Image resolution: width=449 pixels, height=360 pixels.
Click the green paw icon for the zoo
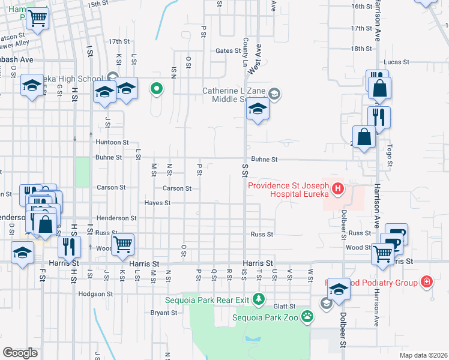pyautogui.click(x=307, y=316)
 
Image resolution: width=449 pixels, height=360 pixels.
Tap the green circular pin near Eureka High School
pyautogui.click(x=157, y=89)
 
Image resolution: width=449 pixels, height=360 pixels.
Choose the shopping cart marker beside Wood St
pyautogui.click(x=122, y=244)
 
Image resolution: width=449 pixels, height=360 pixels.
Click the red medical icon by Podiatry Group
pyautogui.click(x=426, y=281)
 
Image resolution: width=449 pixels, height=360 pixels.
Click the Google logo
pyautogui.click(x=20, y=352)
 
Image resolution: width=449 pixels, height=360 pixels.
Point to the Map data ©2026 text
pyautogui.click(x=423, y=355)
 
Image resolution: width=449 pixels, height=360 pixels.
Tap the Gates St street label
pyautogui.click(x=228, y=51)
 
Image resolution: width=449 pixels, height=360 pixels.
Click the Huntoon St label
pyautogui.click(x=112, y=142)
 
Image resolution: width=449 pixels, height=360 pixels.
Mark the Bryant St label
pyautogui.click(x=163, y=313)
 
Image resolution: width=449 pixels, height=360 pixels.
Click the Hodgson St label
pyautogui.click(x=95, y=294)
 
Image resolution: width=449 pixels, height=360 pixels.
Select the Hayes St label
pyautogui.click(x=158, y=203)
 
